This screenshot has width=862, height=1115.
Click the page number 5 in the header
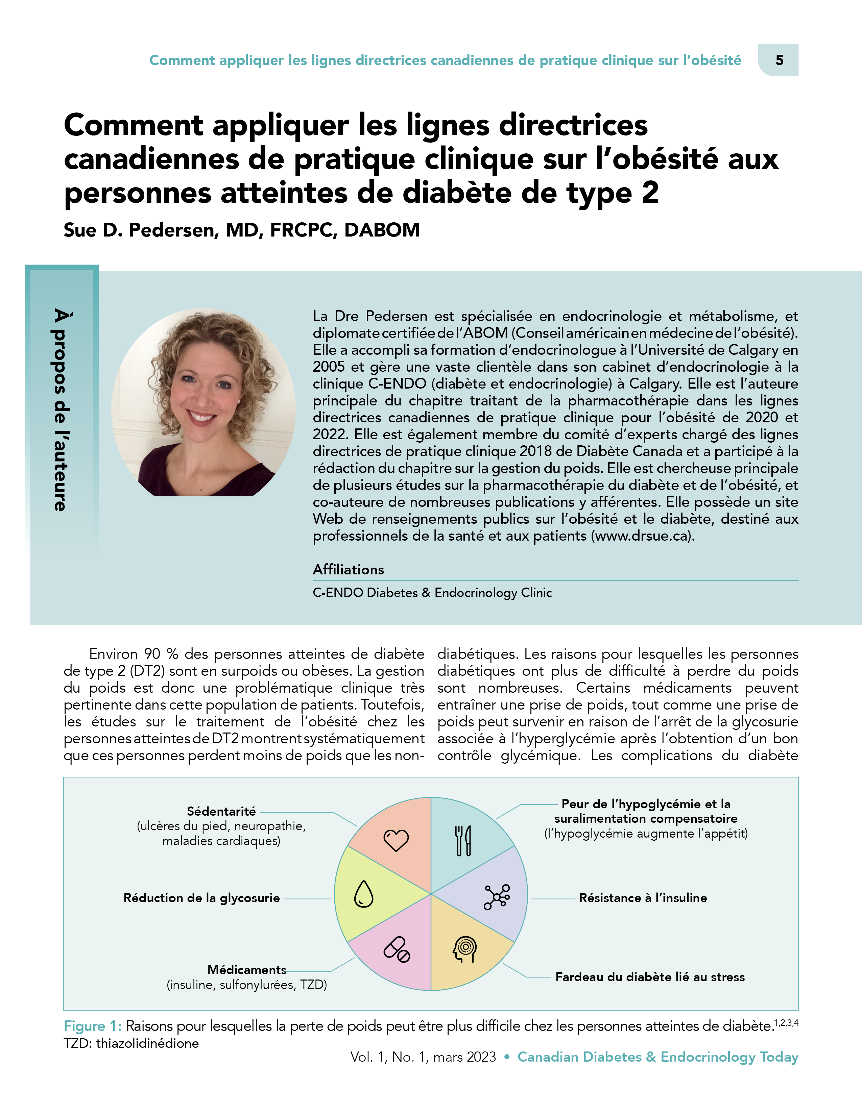[x=779, y=60]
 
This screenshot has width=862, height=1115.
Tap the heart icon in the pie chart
[x=396, y=840]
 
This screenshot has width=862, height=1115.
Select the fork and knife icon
[x=463, y=840]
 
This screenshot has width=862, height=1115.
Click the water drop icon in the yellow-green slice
[x=364, y=894]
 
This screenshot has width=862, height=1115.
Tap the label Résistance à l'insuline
[x=643, y=898]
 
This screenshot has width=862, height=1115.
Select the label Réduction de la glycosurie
[x=202, y=898]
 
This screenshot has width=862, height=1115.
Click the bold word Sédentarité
[x=221, y=811]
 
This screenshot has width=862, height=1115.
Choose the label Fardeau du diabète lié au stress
[x=650, y=977]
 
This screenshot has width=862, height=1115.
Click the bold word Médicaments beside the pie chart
[x=247, y=969]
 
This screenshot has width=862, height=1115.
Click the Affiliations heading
[x=348, y=570]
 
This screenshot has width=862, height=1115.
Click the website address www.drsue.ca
[x=642, y=536]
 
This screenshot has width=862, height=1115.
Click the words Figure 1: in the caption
[x=92, y=1026]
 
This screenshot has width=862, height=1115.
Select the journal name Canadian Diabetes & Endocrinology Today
[x=658, y=1057]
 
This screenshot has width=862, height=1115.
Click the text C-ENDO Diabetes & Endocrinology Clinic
[x=432, y=593]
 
